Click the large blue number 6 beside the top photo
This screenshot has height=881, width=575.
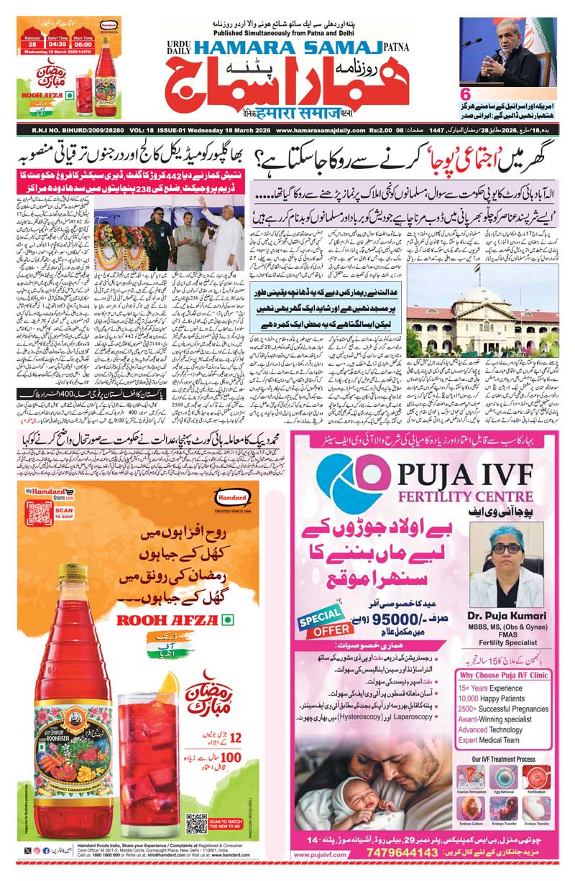coord(465,93)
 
